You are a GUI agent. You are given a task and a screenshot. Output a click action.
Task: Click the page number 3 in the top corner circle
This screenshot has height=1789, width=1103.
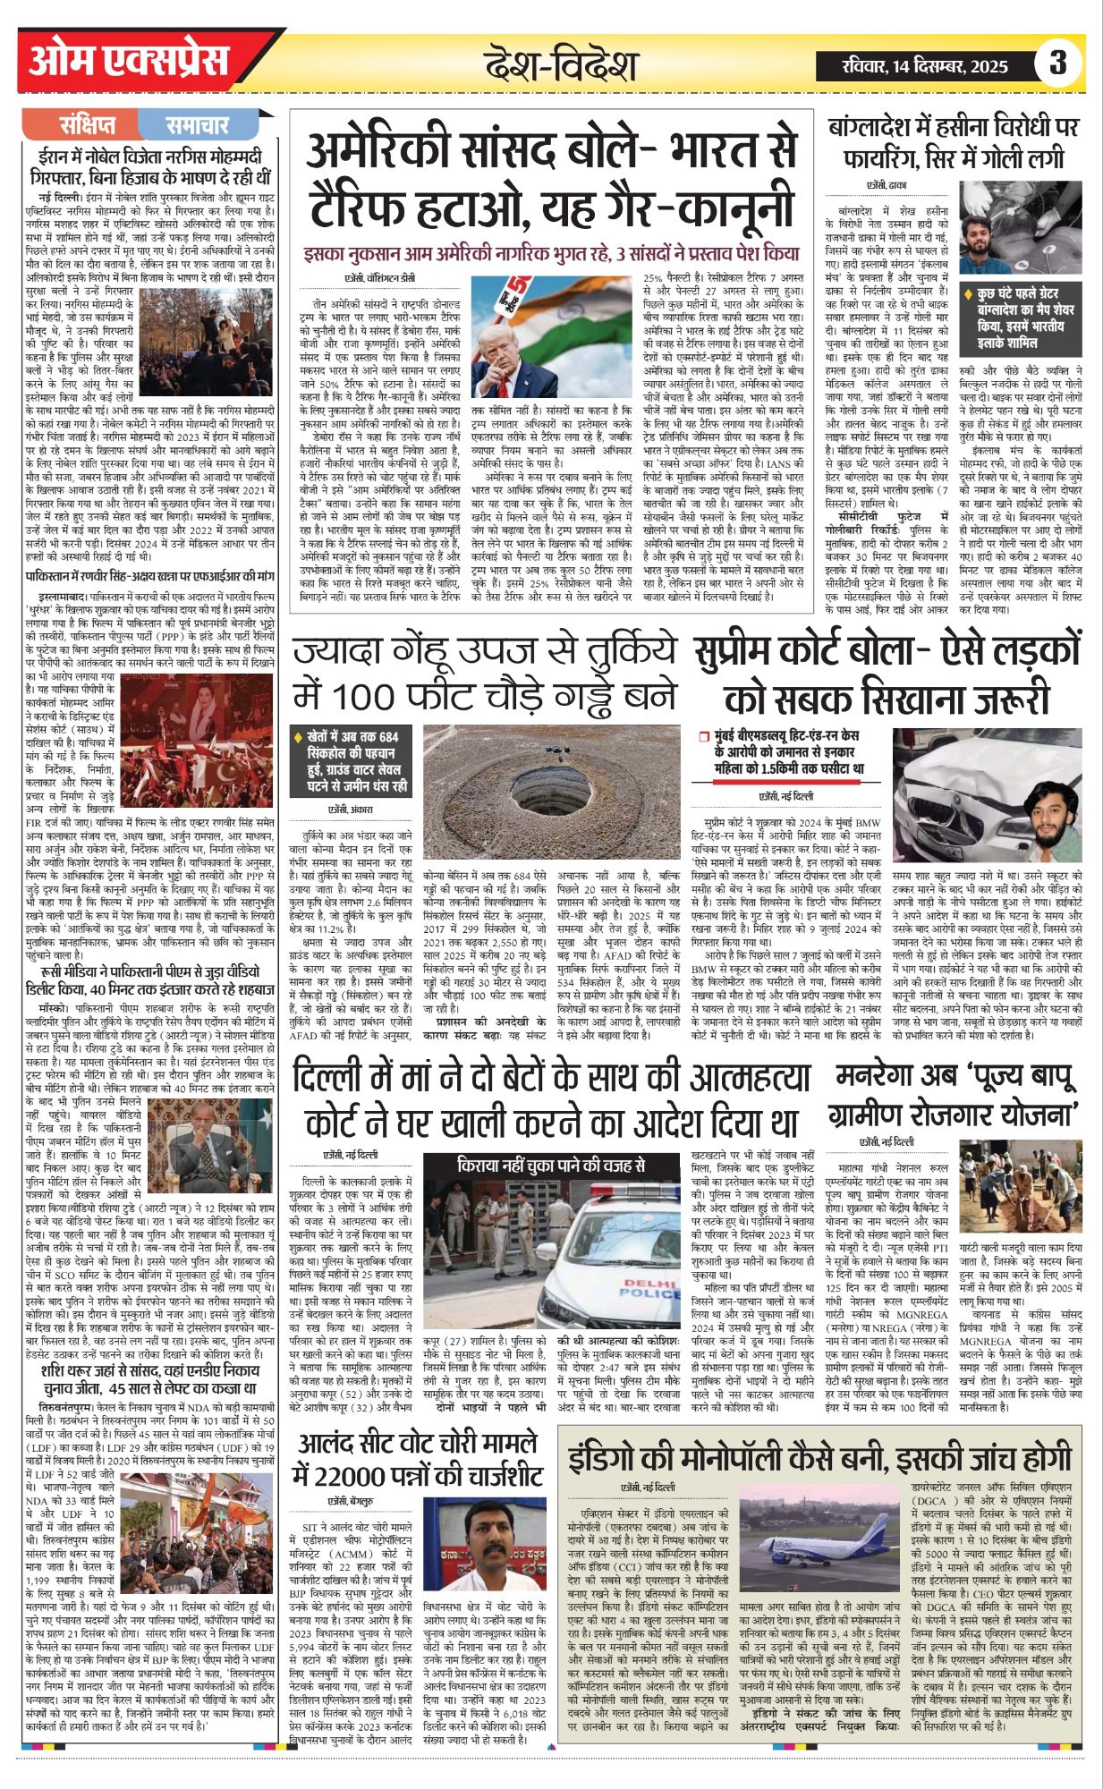[1058, 64]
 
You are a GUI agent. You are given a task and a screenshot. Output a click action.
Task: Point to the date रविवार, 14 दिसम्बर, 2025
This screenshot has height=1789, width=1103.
[924, 66]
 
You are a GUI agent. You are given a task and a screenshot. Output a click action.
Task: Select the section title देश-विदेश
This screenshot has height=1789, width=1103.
[561, 65]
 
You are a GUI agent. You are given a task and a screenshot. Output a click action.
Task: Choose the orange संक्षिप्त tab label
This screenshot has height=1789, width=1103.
[88, 126]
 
